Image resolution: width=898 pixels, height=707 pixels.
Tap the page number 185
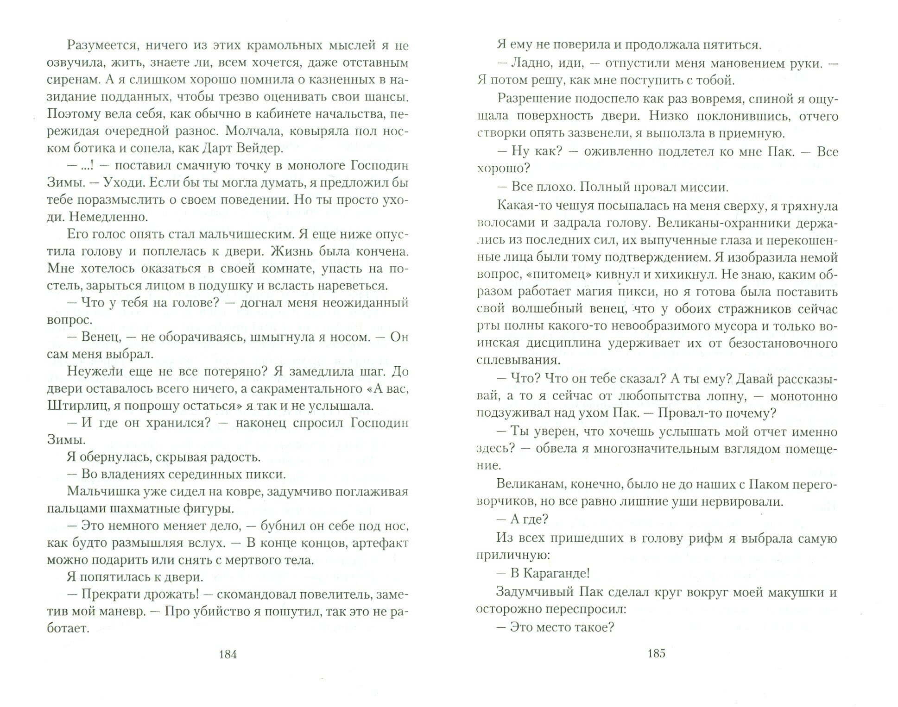(x=656, y=653)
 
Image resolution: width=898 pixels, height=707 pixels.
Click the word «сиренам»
(x=73, y=80)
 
